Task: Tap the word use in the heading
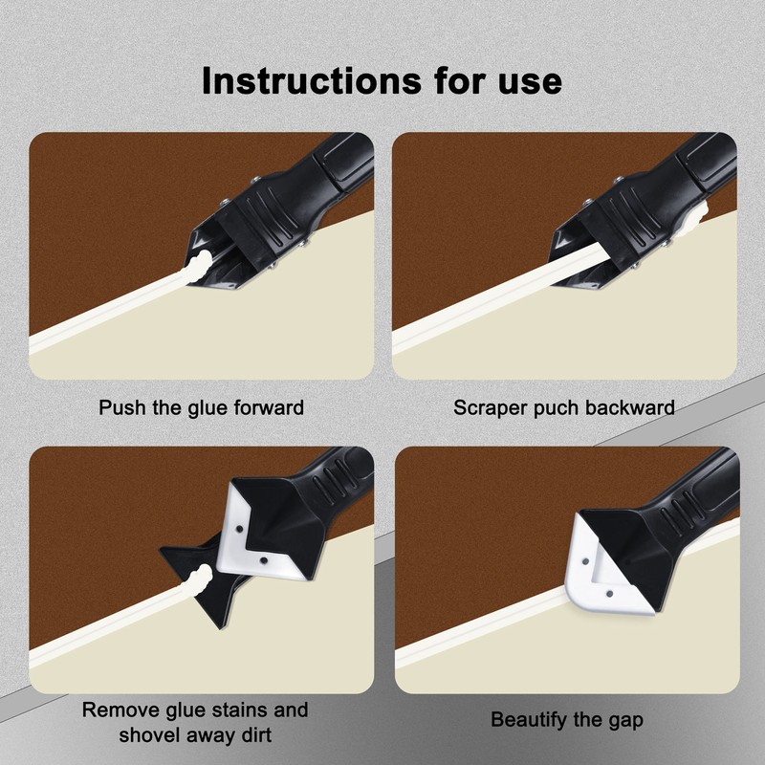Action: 530,83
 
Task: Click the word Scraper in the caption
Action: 491,408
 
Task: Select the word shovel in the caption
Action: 145,734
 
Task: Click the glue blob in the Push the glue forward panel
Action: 199,267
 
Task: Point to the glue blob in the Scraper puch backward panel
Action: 695,217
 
